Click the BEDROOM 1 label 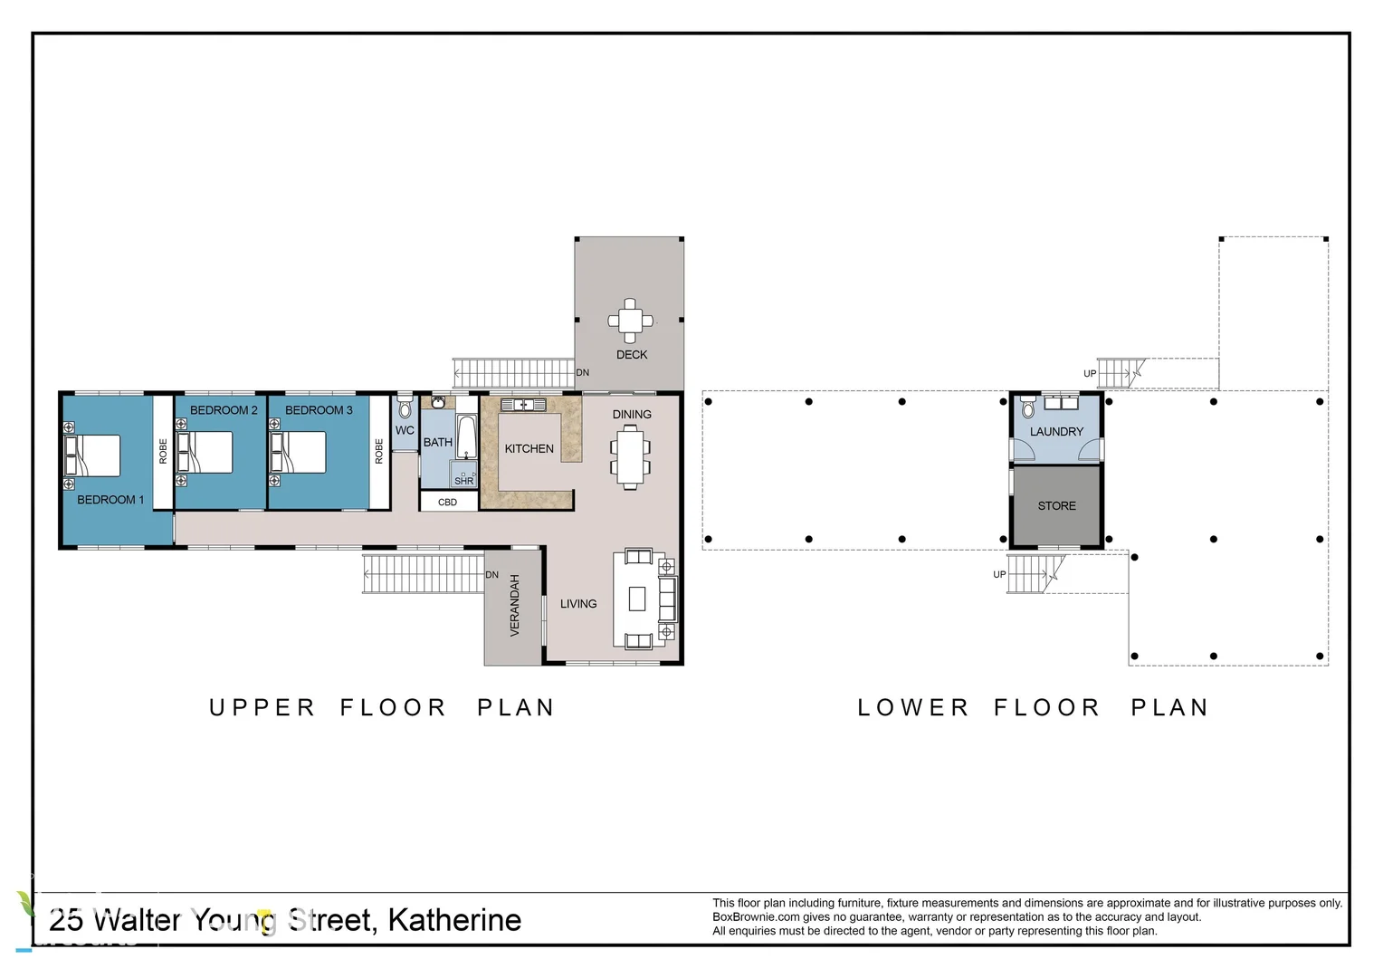(110, 500)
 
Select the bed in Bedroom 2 (205, 452)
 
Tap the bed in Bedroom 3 (298, 452)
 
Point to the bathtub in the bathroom (466, 436)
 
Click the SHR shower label (463, 481)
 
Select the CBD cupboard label (448, 503)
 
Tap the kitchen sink (523, 405)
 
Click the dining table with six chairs (630, 456)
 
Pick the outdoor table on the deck (630, 321)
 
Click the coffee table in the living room (637, 599)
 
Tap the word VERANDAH (515, 606)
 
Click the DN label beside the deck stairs (582, 372)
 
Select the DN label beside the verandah (492, 574)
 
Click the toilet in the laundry (1028, 407)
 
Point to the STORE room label (1056, 506)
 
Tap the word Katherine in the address (454, 920)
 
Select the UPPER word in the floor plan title (262, 707)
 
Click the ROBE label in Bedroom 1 (163, 451)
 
